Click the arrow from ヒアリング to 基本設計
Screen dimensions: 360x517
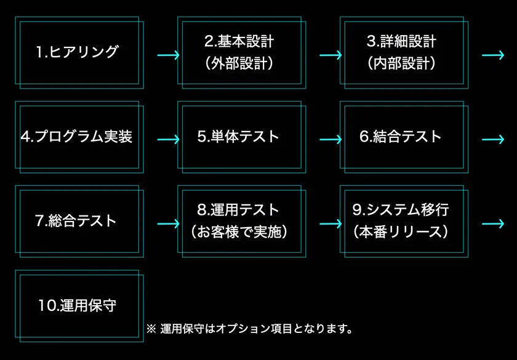coord(168,55)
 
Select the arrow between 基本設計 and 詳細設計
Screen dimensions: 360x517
coord(331,55)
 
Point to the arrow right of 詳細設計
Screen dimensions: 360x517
coord(493,55)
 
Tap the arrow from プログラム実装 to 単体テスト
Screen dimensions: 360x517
coord(168,140)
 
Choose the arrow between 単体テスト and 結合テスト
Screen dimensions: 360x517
coord(331,140)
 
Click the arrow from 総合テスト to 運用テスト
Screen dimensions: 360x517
coord(168,224)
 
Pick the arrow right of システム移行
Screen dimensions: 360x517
coord(493,224)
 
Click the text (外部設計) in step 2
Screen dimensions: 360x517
coord(239,63)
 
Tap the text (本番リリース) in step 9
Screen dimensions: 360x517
coord(401,232)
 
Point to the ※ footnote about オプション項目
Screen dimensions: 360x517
coord(249,329)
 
